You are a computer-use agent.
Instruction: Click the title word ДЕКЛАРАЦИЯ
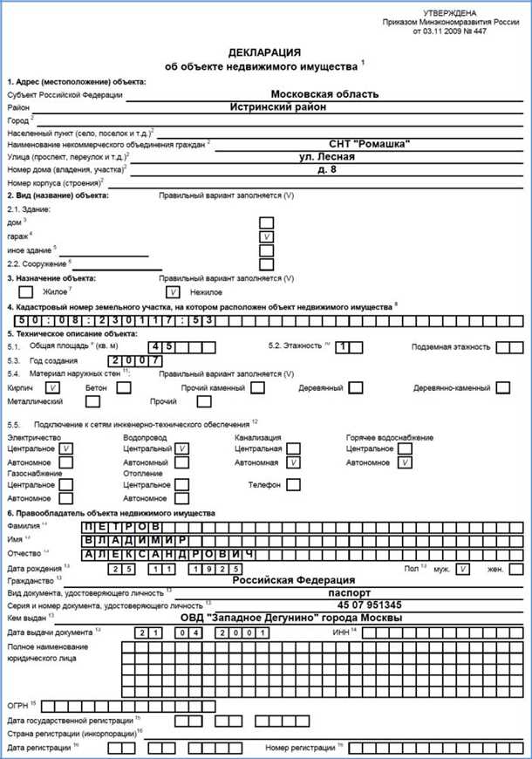265,52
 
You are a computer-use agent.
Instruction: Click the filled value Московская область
324,93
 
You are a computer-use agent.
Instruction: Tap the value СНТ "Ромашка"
369,144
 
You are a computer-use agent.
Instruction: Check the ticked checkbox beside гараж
267,236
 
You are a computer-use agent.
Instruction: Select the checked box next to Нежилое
174,292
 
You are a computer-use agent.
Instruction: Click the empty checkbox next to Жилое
25,292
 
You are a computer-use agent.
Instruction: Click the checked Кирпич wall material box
53,386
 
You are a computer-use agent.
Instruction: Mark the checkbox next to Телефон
294,484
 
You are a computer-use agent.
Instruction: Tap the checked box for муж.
463,568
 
